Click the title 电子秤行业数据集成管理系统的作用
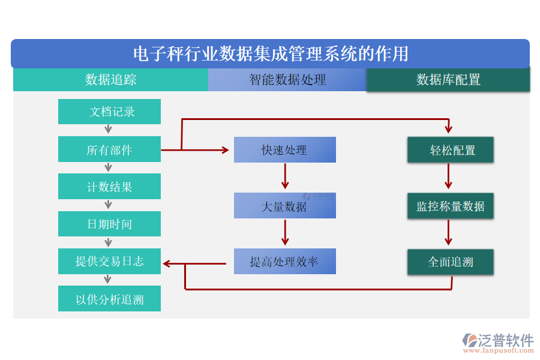(270, 54)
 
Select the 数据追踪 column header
(110, 80)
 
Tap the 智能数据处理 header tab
(287, 80)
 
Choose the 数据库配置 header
(448, 80)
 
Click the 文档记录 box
(109, 112)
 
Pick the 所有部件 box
(109, 149)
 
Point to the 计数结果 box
(109, 187)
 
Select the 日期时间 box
(109, 224)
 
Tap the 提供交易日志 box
(109, 261)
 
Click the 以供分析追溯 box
(109, 299)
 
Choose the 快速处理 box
(284, 150)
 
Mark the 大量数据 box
(284, 206)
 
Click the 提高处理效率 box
(284, 262)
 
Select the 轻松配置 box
(451, 150)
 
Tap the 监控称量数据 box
(451, 206)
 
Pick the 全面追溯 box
(451, 262)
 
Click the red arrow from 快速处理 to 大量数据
(285, 176)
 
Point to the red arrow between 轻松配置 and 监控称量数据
(448, 176)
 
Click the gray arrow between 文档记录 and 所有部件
(109, 129)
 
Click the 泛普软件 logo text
(505, 340)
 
